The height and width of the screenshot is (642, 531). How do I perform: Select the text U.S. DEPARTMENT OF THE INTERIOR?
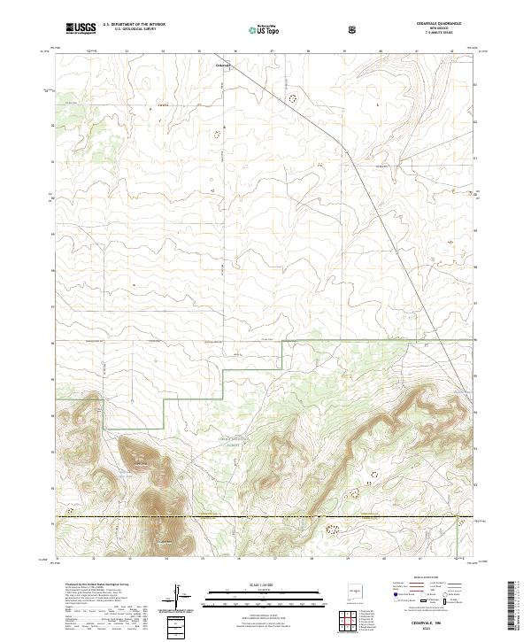click(x=134, y=26)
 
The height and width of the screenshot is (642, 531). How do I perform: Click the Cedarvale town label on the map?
click(x=222, y=65)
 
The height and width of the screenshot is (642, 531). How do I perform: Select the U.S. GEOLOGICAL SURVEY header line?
click(x=129, y=30)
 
